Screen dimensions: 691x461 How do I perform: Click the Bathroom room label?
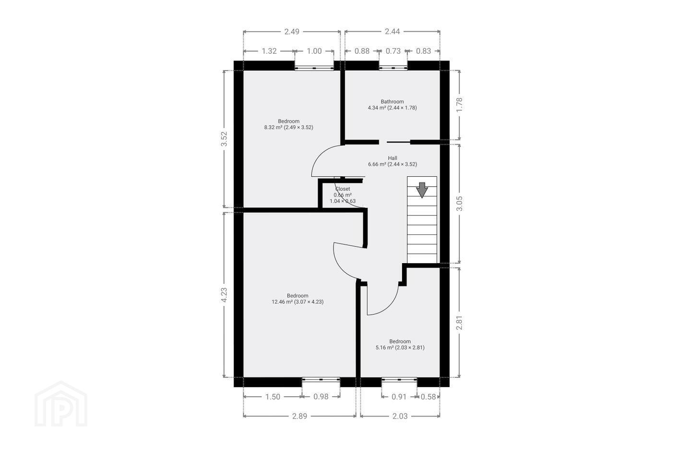(x=392, y=102)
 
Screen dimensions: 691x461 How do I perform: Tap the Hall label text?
(x=393, y=158)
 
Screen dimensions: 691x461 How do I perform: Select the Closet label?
(x=343, y=189)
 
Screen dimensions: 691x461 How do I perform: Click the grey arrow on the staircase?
(x=422, y=190)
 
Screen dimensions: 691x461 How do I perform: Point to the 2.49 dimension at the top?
(x=292, y=32)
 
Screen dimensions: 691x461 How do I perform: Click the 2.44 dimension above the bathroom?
(x=392, y=32)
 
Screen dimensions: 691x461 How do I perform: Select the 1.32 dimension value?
(x=269, y=51)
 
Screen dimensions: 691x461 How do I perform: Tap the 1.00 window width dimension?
(x=314, y=51)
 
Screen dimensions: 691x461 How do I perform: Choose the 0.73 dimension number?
(x=393, y=51)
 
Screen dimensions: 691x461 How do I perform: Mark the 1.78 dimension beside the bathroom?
(x=459, y=105)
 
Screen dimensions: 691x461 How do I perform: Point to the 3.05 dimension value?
(x=459, y=204)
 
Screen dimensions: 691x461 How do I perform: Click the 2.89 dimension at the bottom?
(x=299, y=416)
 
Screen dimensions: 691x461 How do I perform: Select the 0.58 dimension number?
(x=428, y=397)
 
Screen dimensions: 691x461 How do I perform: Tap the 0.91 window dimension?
(x=399, y=397)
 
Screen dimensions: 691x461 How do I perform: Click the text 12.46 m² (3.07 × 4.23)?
(x=298, y=302)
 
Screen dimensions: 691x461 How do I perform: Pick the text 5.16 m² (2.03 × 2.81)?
(x=400, y=348)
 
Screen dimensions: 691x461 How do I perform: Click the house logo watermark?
(x=61, y=404)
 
